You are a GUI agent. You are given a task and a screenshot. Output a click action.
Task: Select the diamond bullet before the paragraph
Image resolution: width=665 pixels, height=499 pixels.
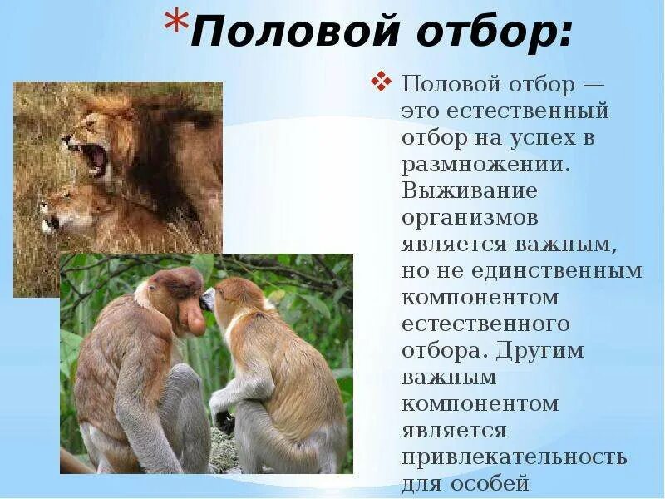click(x=382, y=82)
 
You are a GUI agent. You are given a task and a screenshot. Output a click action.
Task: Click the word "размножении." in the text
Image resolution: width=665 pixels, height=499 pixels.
click(x=485, y=164)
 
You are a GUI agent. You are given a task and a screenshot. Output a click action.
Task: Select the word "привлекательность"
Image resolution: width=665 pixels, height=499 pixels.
click(x=515, y=458)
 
